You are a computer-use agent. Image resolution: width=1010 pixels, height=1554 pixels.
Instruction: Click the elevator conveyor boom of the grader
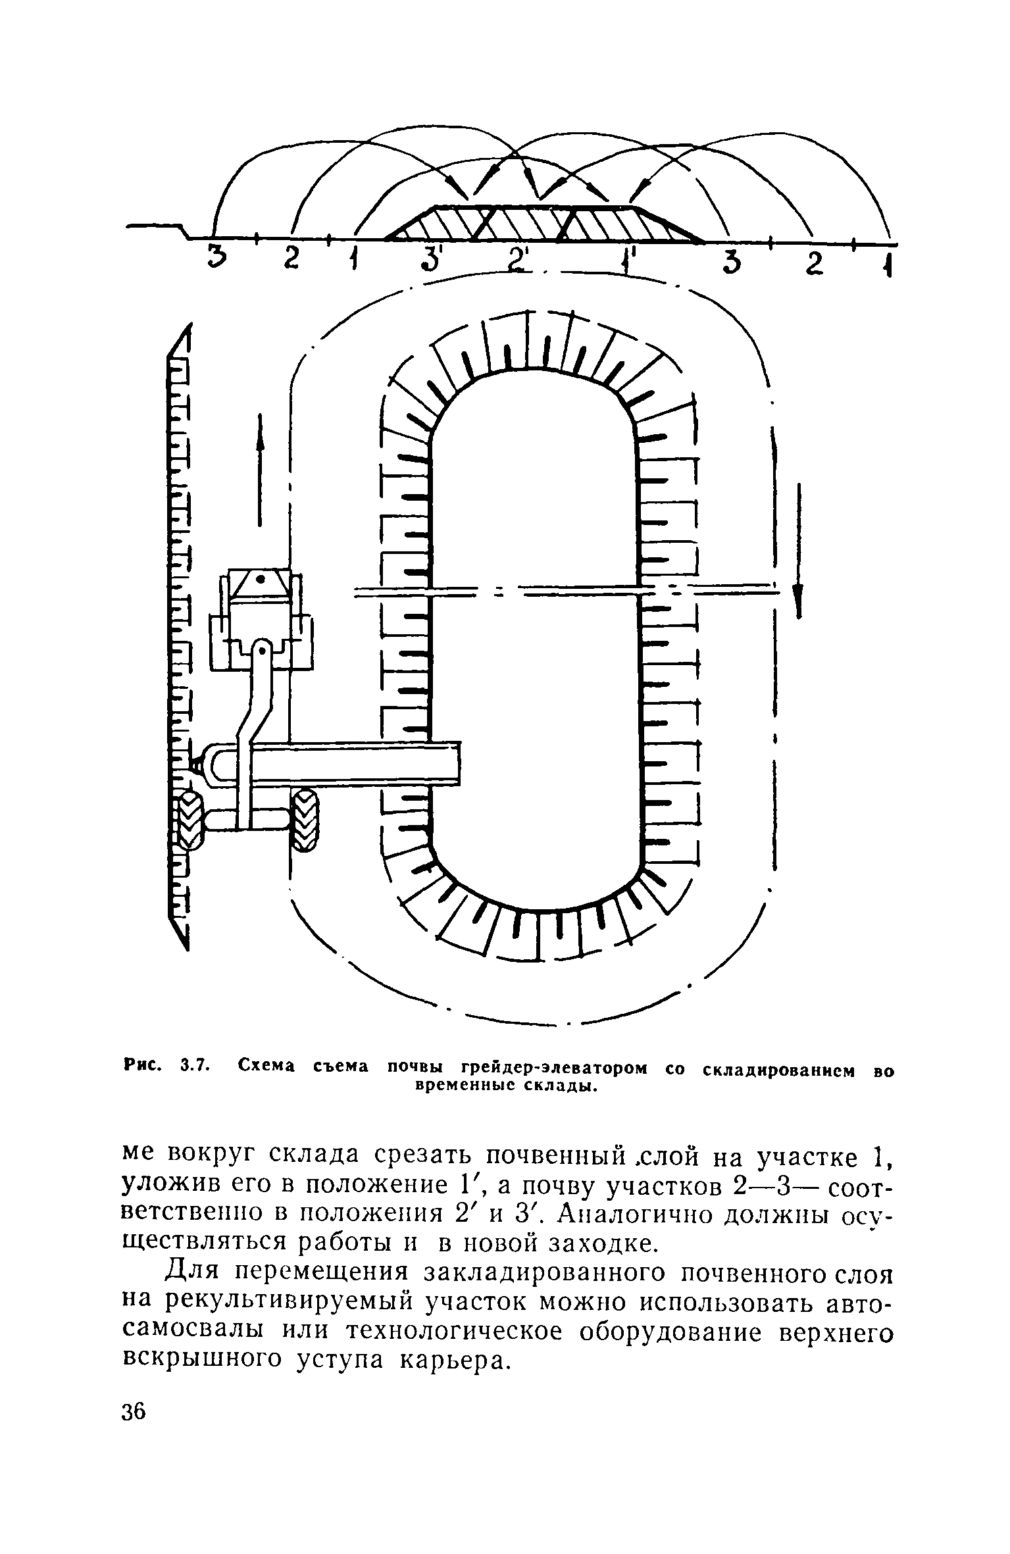pos(355,763)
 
